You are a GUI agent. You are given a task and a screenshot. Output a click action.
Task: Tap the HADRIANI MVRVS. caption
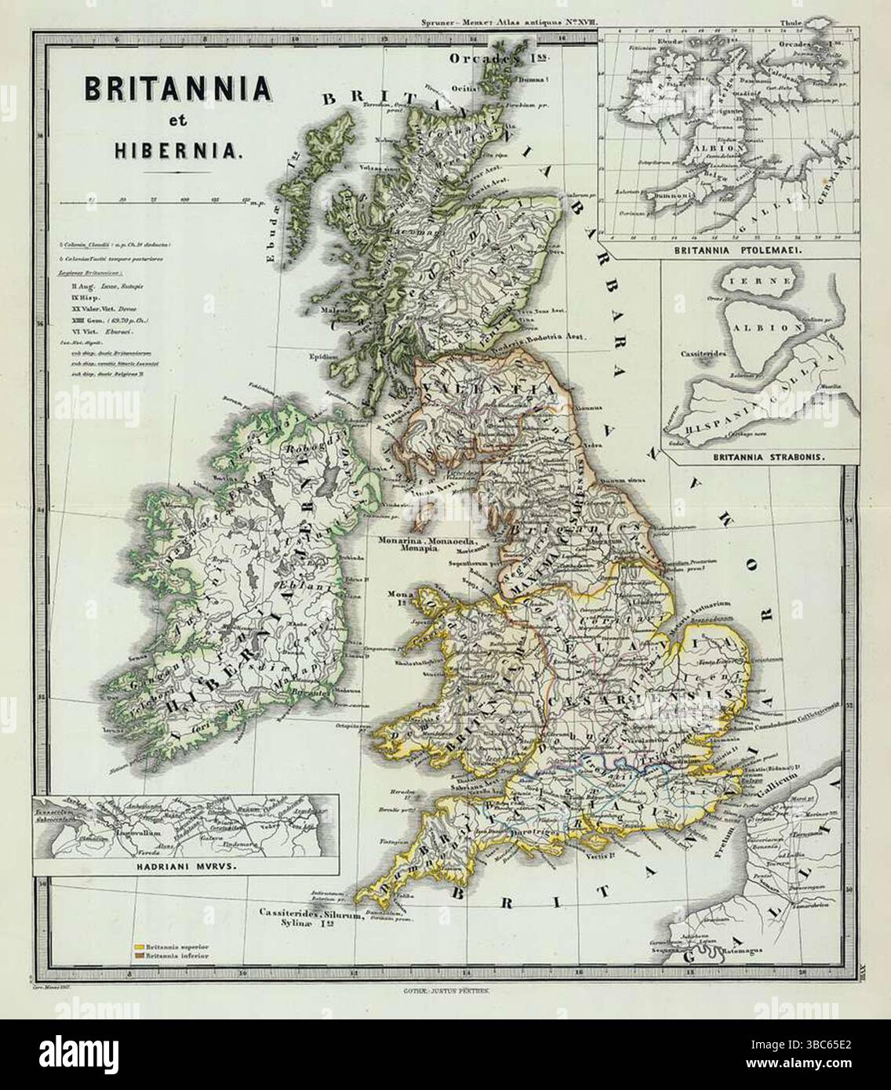185,867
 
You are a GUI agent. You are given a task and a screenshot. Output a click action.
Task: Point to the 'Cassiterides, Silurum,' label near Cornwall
311,913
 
